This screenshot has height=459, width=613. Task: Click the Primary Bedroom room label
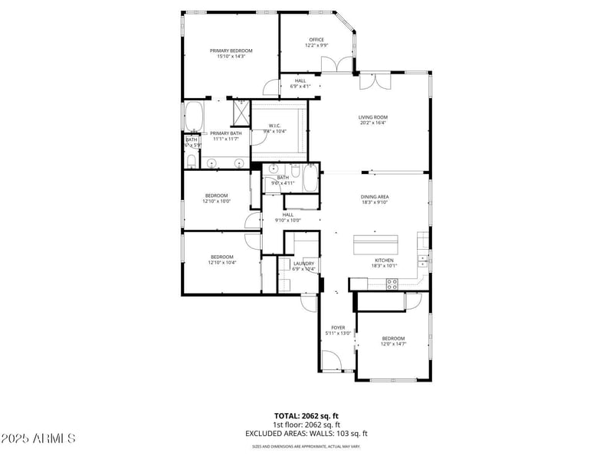click(231, 51)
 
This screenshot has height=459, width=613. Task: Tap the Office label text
click(316, 40)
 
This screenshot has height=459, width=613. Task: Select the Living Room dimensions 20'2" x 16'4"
click(373, 123)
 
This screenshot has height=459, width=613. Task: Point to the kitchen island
click(375, 245)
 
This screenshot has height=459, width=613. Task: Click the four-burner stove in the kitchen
click(392, 284)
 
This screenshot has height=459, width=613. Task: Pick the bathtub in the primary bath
click(192, 117)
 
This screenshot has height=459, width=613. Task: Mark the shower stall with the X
click(241, 113)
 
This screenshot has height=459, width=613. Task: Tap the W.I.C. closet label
click(275, 126)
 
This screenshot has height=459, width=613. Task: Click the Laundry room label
click(303, 264)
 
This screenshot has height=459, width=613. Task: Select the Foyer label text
click(338, 327)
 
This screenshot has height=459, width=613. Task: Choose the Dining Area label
click(375, 197)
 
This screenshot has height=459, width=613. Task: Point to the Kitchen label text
click(384, 261)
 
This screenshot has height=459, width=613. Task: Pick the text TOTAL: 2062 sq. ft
click(306, 416)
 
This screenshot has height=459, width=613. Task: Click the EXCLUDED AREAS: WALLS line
click(306, 433)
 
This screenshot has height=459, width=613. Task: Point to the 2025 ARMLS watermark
click(38, 438)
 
